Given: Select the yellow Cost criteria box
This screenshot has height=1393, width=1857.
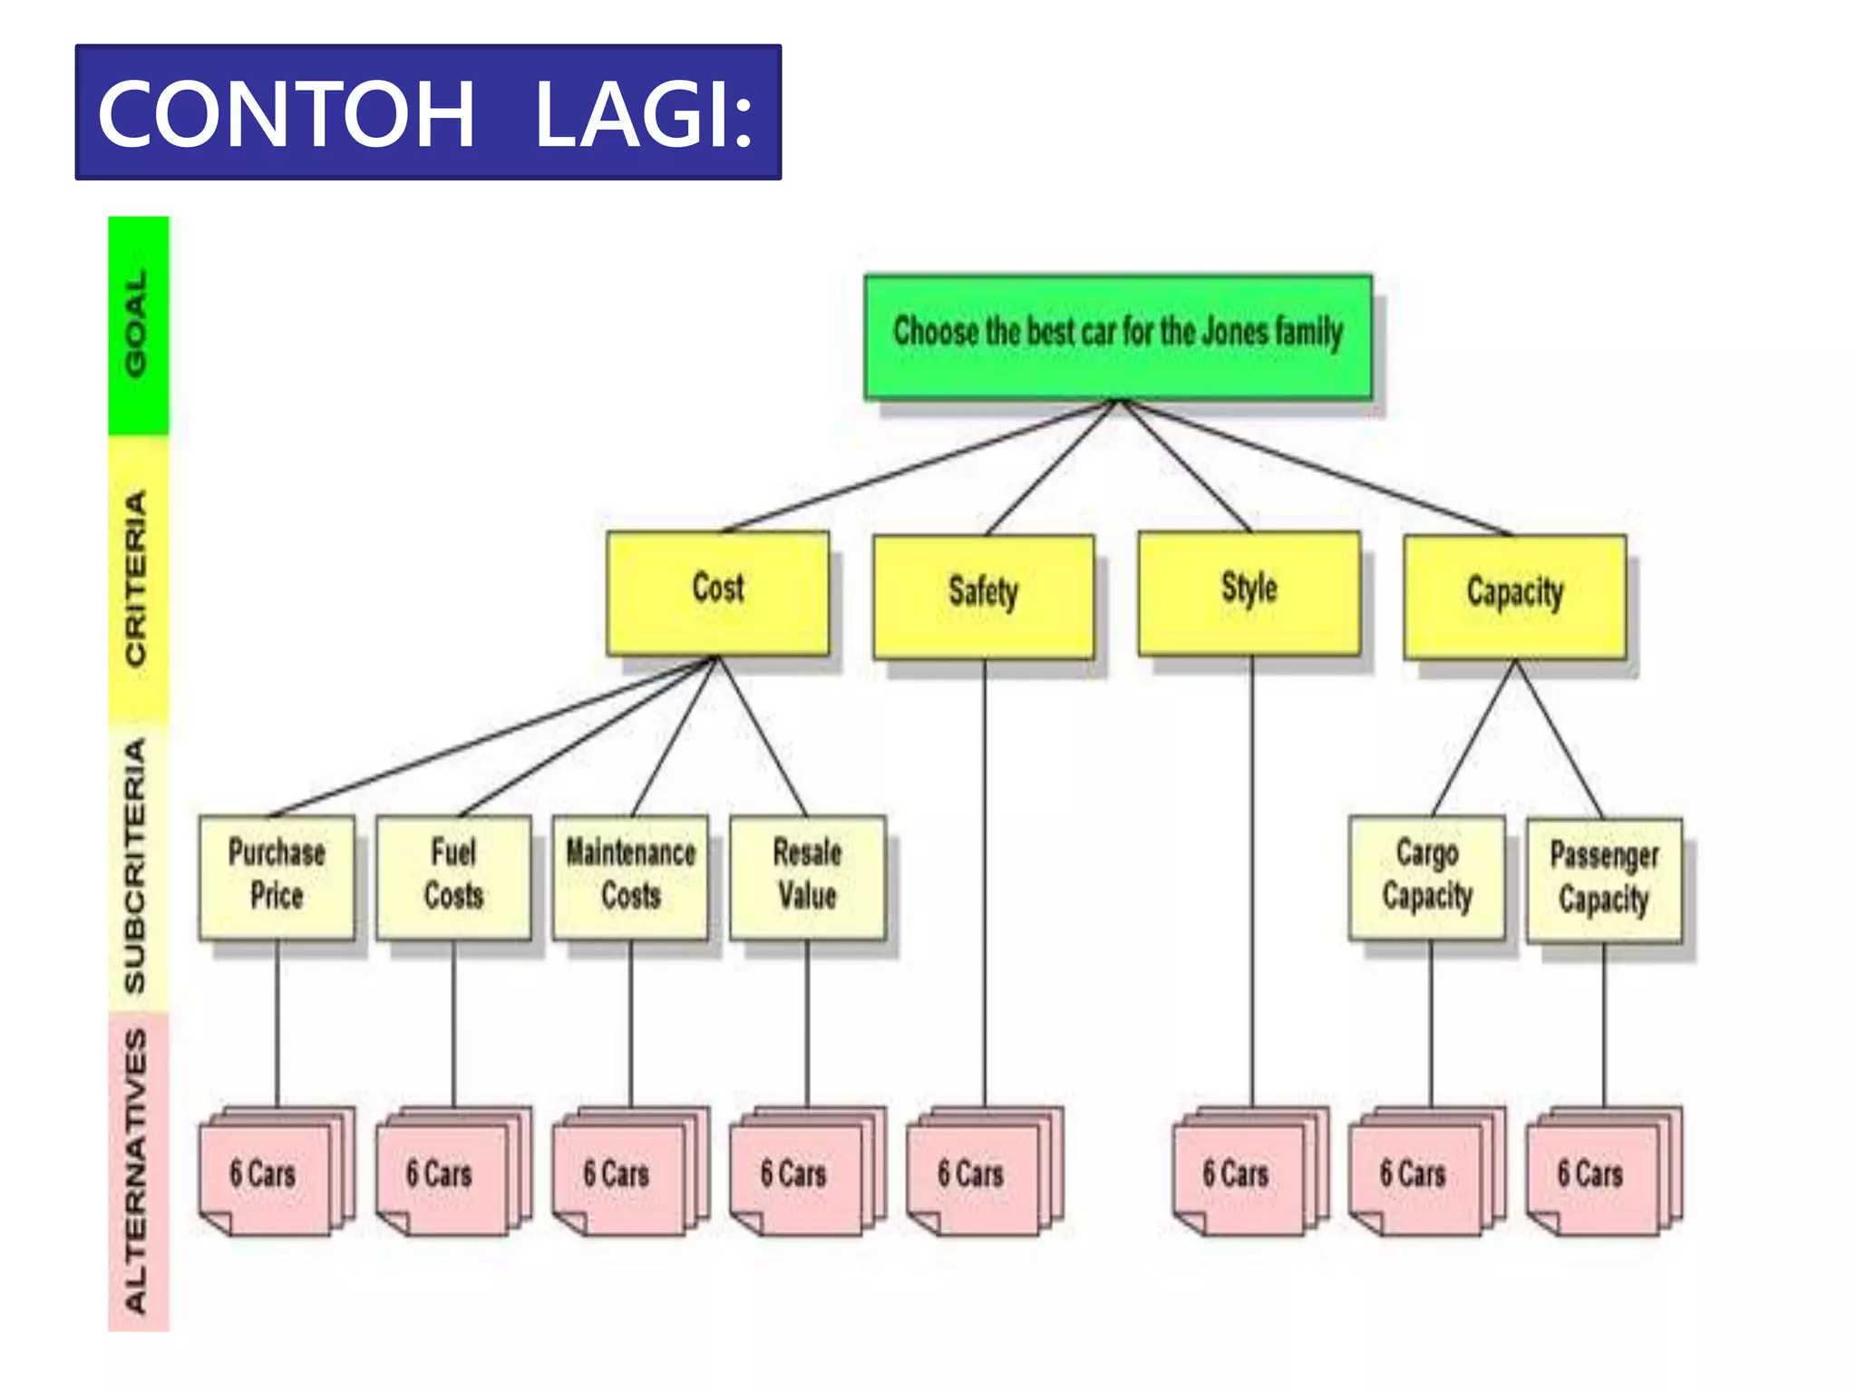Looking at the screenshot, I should (717, 592).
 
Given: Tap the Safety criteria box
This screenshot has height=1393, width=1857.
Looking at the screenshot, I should (984, 596).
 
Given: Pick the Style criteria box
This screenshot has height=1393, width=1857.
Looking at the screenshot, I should (1249, 592).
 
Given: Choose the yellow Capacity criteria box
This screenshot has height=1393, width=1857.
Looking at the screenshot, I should (1514, 596).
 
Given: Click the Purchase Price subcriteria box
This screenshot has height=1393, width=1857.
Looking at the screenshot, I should (277, 876).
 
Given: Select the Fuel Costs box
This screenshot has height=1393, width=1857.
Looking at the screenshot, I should (453, 876).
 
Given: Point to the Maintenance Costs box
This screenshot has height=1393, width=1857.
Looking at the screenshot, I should (630, 876).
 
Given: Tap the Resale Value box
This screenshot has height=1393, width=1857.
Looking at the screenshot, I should (807, 876).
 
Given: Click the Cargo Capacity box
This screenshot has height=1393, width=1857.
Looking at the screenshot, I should (1427, 876).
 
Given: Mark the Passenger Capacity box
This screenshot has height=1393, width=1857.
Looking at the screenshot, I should (1604, 879).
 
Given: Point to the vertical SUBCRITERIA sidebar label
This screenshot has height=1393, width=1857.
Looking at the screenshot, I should (137, 866).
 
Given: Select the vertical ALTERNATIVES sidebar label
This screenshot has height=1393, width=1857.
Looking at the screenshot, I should (137, 1170).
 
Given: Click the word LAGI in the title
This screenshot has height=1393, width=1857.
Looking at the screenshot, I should (643, 114).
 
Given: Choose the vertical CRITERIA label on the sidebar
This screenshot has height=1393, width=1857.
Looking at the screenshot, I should (137, 579).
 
